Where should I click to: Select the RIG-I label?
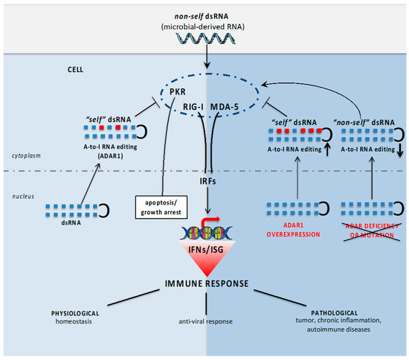click(193, 106)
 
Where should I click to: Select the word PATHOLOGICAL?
click(333, 313)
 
